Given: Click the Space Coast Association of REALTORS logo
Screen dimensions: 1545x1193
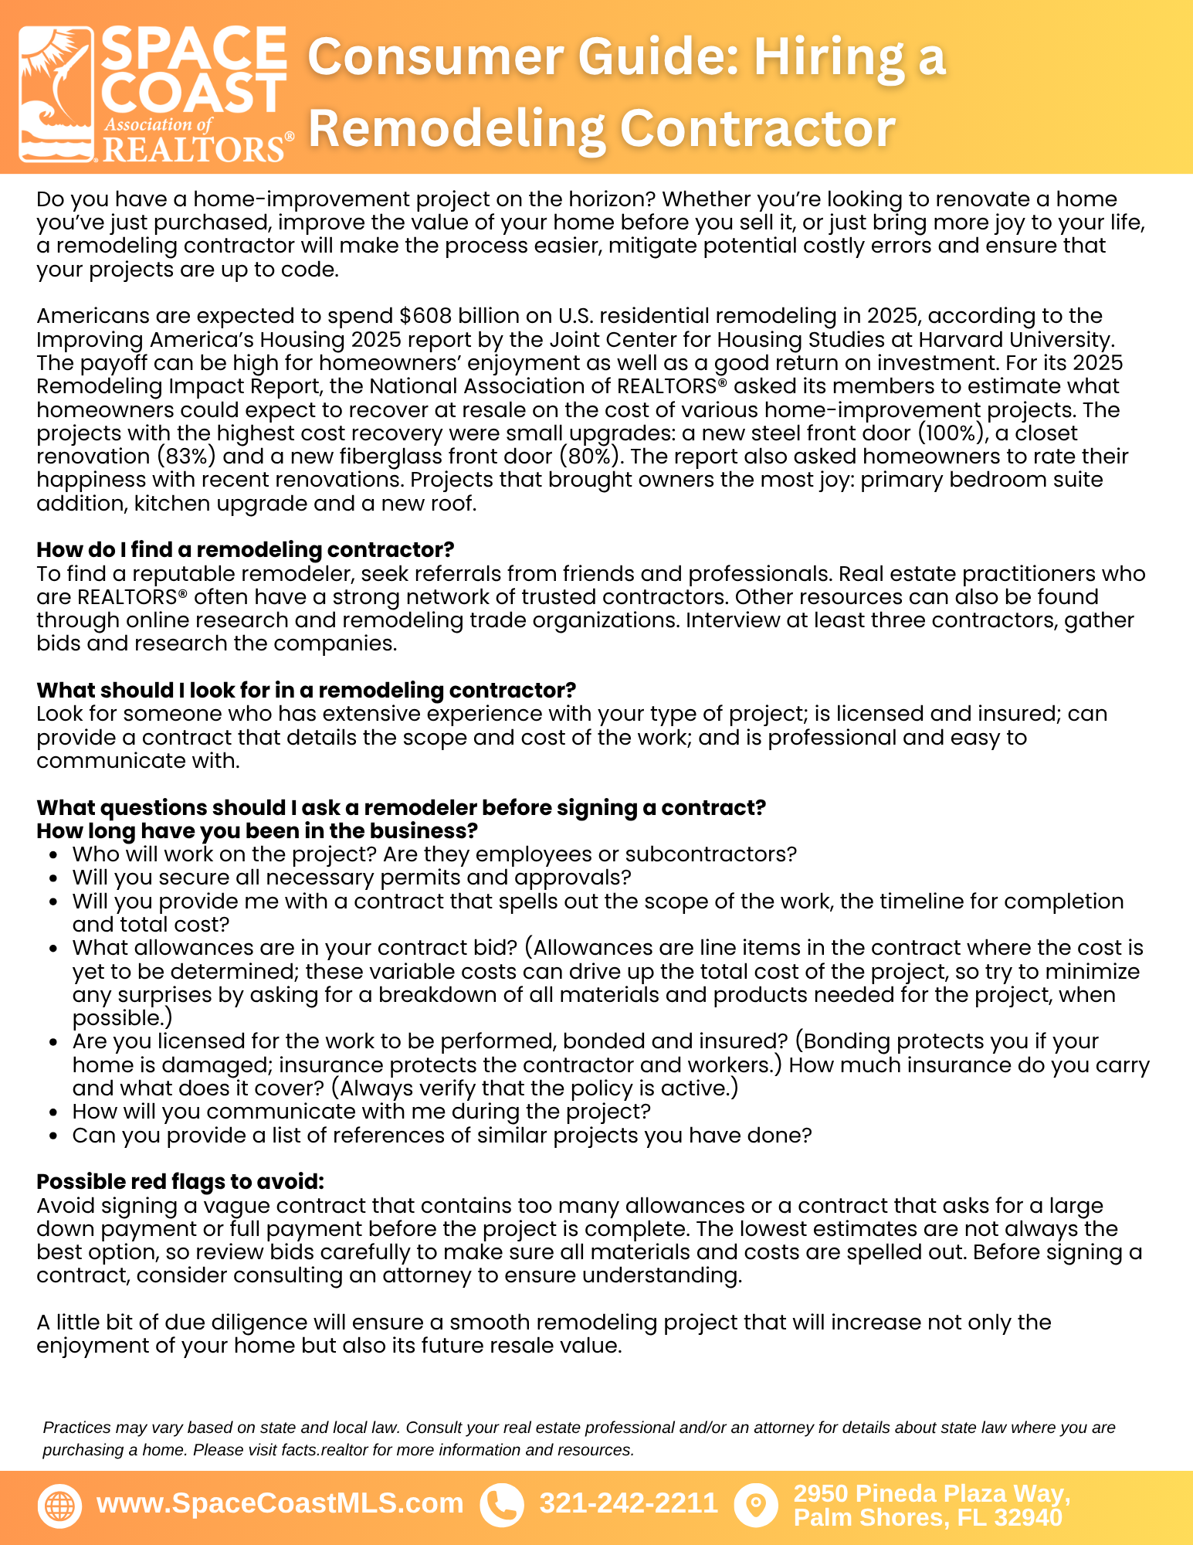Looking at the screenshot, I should tap(154, 94).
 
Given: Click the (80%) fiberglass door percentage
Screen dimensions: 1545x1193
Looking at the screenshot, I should tap(591, 457).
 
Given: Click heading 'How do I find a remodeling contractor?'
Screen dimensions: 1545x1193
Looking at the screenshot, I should tap(245, 550).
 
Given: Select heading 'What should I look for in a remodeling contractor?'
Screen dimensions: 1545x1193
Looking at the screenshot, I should tap(306, 690).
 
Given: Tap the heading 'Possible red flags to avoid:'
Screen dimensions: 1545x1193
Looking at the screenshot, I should tap(180, 1182).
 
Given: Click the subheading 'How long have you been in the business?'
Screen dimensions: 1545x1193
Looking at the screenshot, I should tap(257, 831).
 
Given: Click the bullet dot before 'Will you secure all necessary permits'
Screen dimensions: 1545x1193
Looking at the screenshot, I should tap(53, 879).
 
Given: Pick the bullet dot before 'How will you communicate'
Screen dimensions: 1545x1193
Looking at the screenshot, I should tap(53, 1113).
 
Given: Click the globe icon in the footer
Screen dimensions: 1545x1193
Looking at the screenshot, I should tap(59, 1506).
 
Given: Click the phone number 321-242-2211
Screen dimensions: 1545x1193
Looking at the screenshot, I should tap(629, 1503).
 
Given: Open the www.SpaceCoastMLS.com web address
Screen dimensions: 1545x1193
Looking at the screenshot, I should tap(280, 1503).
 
